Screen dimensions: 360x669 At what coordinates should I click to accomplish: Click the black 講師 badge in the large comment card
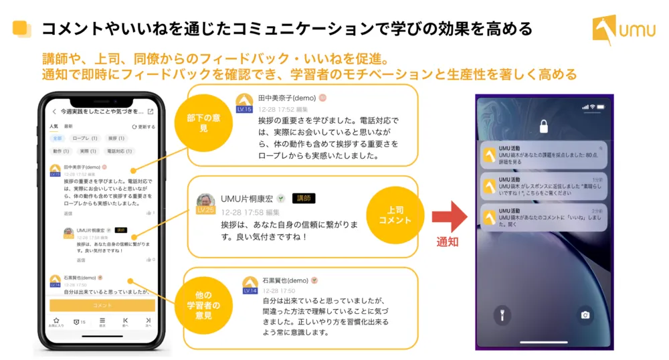coord(304,198)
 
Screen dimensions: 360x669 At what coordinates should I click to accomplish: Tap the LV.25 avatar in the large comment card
coord(206,202)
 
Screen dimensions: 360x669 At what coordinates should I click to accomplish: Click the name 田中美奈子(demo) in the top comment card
coord(286,98)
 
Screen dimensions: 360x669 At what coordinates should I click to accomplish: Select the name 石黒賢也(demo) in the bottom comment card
coord(285,280)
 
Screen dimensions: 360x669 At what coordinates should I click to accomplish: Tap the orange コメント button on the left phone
coord(102,304)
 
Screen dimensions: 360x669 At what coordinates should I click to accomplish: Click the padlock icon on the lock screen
coord(544,126)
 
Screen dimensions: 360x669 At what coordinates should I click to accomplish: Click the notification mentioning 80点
coord(544,155)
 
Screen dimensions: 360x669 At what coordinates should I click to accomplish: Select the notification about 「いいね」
coord(544,217)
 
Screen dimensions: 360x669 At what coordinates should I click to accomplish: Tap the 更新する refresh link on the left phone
coord(144,126)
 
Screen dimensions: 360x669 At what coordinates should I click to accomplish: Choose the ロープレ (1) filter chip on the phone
coord(85,139)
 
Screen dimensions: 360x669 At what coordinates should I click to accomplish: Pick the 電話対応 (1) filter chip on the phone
coord(119,151)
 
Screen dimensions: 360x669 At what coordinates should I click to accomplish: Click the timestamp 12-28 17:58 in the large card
coord(242,211)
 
